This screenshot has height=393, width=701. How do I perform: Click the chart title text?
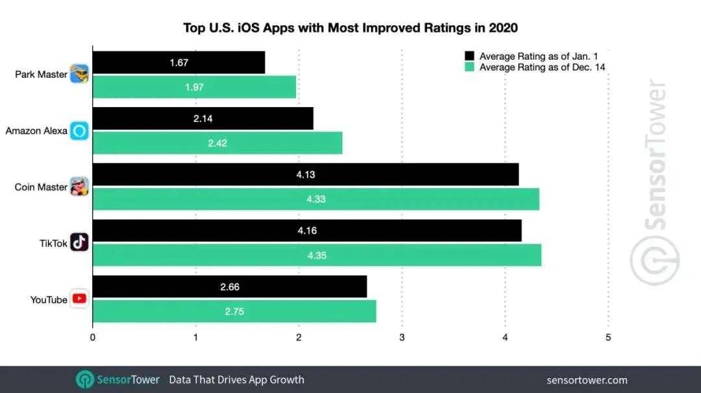click(x=350, y=28)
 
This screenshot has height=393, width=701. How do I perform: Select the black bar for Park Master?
click(x=179, y=63)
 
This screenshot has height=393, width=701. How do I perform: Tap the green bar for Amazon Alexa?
click(x=217, y=143)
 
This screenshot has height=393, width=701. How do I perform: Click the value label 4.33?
click(x=316, y=199)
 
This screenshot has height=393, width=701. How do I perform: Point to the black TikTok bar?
click(x=307, y=230)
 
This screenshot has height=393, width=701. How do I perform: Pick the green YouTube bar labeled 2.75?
click(x=234, y=311)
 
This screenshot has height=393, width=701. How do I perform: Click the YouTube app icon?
click(x=79, y=299)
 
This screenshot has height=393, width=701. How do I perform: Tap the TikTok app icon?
click(x=79, y=243)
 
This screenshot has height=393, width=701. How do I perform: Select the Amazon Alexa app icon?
click(x=79, y=130)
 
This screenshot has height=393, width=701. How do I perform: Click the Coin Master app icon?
click(x=79, y=187)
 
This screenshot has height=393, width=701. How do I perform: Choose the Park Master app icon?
click(x=79, y=74)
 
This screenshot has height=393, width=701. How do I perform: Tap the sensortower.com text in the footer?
click(x=587, y=380)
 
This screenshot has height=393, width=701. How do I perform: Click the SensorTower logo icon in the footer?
click(x=85, y=379)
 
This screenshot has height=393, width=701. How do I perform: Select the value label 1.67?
click(x=178, y=63)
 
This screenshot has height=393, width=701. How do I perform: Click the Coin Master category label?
click(x=41, y=187)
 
